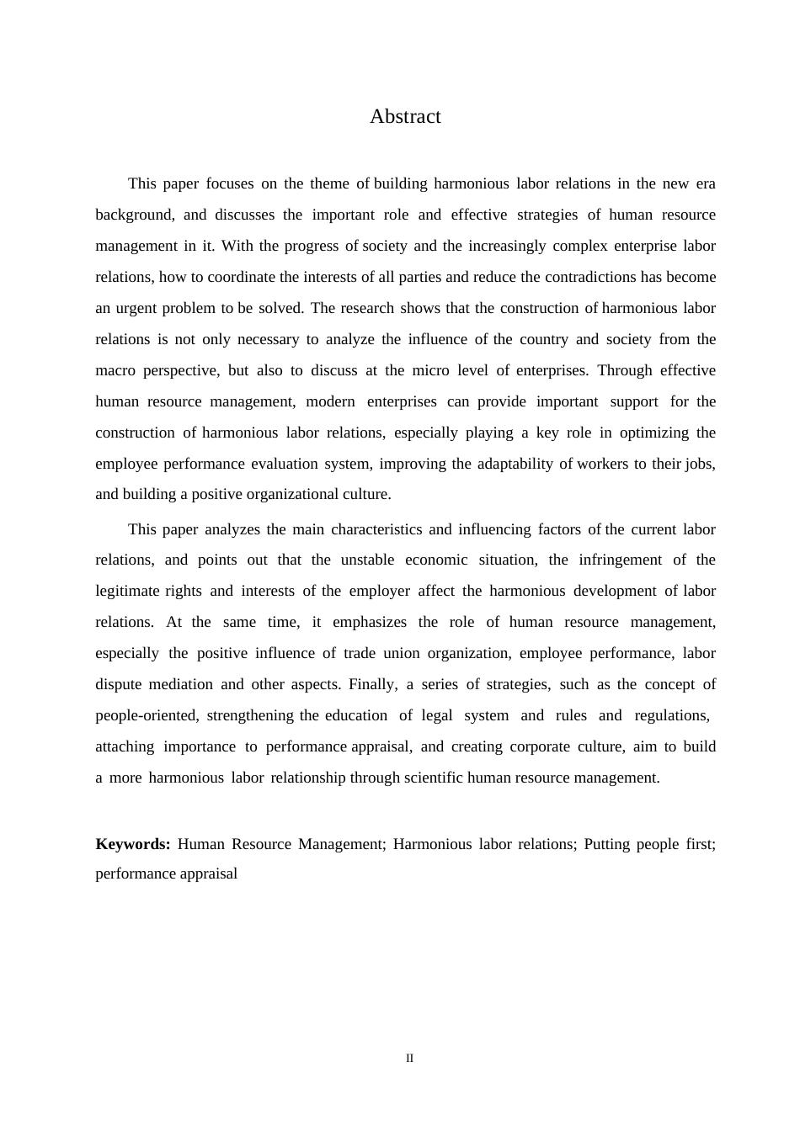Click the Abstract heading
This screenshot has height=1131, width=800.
coord(405,117)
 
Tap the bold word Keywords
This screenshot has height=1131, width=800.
coord(132,844)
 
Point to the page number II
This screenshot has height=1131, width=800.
coord(410,1059)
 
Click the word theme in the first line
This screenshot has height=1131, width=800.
coord(329,183)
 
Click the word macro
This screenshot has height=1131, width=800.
coord(115,370)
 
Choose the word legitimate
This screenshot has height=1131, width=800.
coord(127,591)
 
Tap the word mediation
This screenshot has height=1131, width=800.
coord(181,684)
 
